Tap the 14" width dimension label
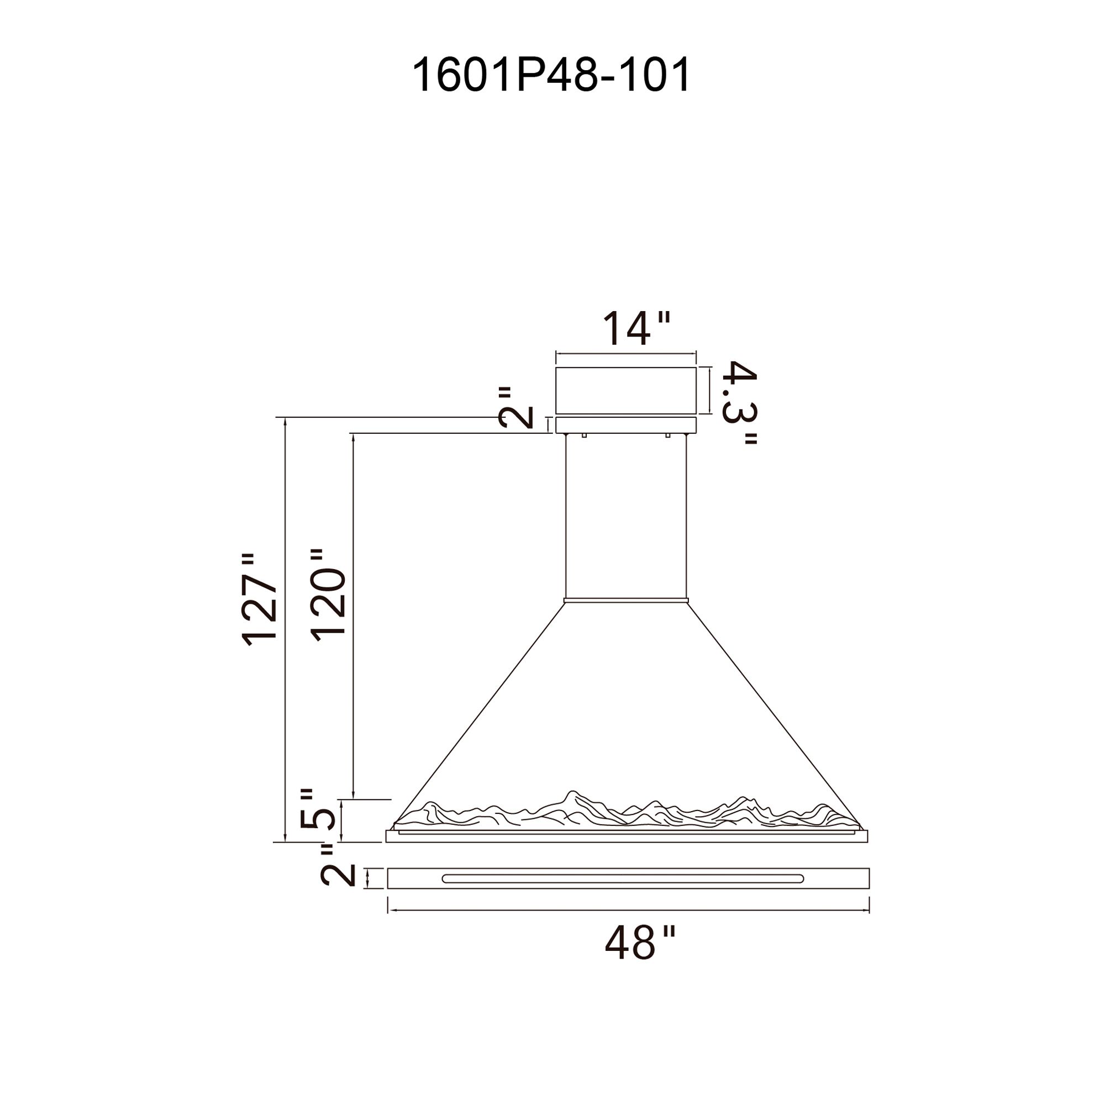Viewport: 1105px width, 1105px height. [636, 328]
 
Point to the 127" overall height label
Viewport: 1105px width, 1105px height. [261, 600]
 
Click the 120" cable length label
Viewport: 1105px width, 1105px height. [329, 596]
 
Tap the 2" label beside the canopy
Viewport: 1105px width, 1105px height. [516, 408]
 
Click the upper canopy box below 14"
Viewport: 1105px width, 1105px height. [626, 390]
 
